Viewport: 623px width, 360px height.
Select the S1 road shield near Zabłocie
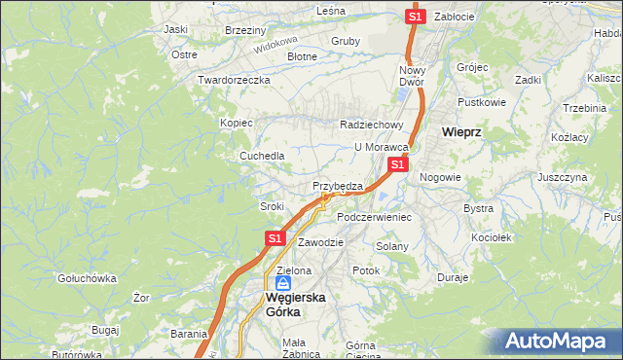[416, 17]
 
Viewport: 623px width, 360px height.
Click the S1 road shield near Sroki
[275, 237]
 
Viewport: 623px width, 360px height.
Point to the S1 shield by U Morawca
[397, 165]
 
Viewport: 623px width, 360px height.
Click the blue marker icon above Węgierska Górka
[282, 283]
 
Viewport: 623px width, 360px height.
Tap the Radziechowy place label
[371, 125]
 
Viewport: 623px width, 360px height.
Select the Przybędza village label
[338, 185]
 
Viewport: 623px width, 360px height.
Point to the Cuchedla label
[263, 156]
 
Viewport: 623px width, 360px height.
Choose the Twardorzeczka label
[233, 80]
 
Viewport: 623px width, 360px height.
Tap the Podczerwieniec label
[375, 216]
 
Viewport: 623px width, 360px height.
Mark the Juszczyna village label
[562, 178]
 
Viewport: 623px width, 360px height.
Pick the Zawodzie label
[321, 241]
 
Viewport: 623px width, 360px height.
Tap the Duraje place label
[453, 277]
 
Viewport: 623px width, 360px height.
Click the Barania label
[189, 333]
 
